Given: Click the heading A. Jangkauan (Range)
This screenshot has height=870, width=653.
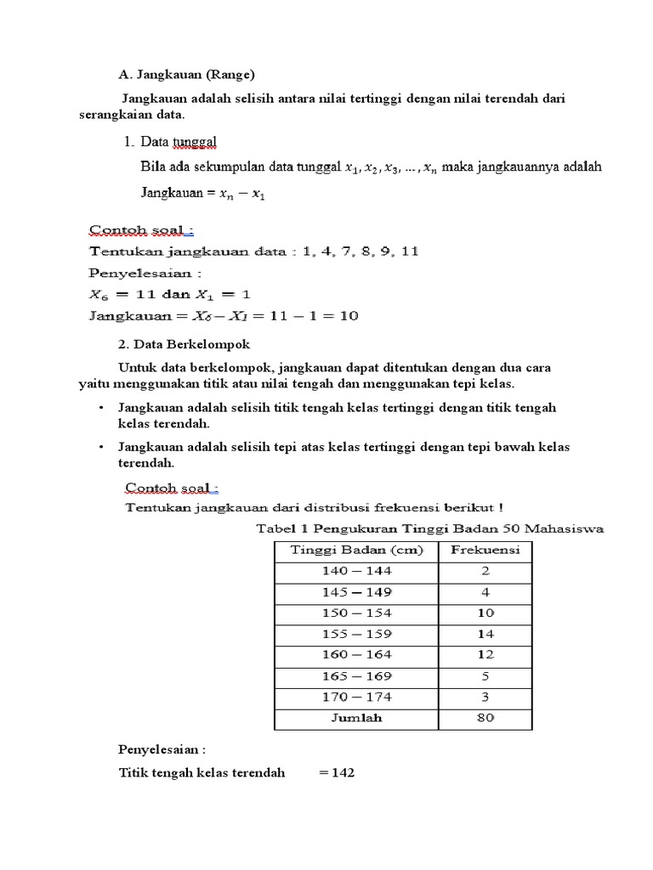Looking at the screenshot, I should [185, 74].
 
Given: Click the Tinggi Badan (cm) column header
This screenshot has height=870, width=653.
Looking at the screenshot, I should [356, 550].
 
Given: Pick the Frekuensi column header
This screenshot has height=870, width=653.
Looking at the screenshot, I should [485, 550].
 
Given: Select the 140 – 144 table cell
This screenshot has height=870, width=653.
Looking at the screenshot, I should [356, 571].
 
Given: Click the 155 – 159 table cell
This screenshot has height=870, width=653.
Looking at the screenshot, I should [356, 634].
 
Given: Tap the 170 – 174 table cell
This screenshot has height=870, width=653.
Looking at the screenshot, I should [356, 697].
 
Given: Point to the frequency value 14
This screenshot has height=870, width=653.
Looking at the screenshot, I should [485, 634].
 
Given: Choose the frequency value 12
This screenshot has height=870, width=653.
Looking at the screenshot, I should [485, 655].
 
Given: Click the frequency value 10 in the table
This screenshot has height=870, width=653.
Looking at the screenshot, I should [485, 613].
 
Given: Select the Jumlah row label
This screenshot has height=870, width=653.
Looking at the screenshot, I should [356, 718].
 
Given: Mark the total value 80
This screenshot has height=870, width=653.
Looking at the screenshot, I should [485, 718].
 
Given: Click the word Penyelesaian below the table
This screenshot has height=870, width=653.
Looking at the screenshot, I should [161, 750].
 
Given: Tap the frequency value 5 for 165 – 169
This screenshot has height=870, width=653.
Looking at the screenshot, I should [485, 676].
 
